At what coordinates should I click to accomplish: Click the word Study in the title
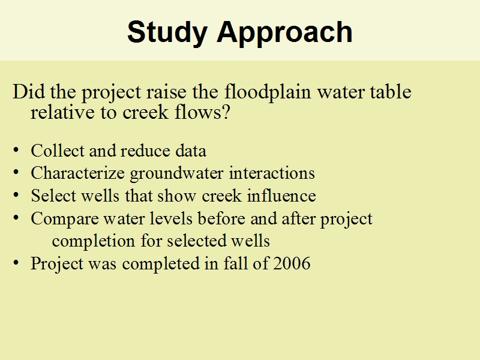coord(167,33)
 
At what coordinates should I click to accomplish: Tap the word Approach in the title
coord(284,33)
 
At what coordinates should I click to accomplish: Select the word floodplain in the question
coord(268,92)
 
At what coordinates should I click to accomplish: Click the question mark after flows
coord(226,112)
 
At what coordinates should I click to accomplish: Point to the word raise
coord(166,92)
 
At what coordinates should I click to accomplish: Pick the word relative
coord(63,112)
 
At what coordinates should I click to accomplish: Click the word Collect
coord(58,151)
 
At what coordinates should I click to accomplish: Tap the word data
coord(191,151)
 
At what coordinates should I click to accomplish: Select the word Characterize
coord(78,173)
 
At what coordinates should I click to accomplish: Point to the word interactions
coord(272,173)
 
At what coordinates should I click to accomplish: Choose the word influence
coord(281,196)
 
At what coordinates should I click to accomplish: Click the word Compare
coord(64,219)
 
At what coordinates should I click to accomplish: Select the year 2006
coord(292,263)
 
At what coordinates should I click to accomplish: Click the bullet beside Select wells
coord(16,196)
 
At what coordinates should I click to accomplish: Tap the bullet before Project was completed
coord(16,263)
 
